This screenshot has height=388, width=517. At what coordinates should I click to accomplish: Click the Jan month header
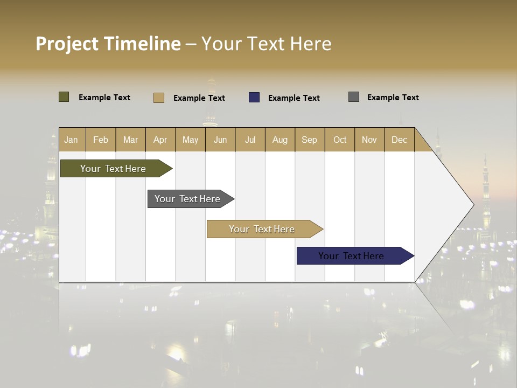(x=72, y=140)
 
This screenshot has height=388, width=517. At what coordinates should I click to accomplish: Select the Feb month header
(x=101, y=140)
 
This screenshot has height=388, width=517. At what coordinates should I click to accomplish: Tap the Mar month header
(x=130, y=140)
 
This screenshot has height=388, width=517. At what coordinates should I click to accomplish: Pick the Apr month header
(x=160, y=140)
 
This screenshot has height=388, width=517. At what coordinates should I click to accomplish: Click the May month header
(x=190, y=140)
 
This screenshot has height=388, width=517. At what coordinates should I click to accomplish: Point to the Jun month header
(x=220, y=140)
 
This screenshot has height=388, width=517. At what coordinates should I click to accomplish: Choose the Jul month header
(x=250, y=140)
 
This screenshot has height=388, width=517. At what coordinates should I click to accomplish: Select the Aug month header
(x=280, y=140)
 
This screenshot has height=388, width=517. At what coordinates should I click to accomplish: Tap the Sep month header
(x=310, y=140)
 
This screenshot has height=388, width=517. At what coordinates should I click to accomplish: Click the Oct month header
(x=340, y=140)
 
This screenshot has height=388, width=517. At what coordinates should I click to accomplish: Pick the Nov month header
(x=369, y=140)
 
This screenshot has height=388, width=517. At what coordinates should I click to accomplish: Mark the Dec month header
(x=400, y=140)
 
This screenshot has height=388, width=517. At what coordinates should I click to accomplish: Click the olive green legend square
(x=64, y=97)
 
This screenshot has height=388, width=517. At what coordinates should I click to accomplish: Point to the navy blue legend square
(x=254, y=98)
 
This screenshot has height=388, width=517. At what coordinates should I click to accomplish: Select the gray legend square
(x=354, y=97)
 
